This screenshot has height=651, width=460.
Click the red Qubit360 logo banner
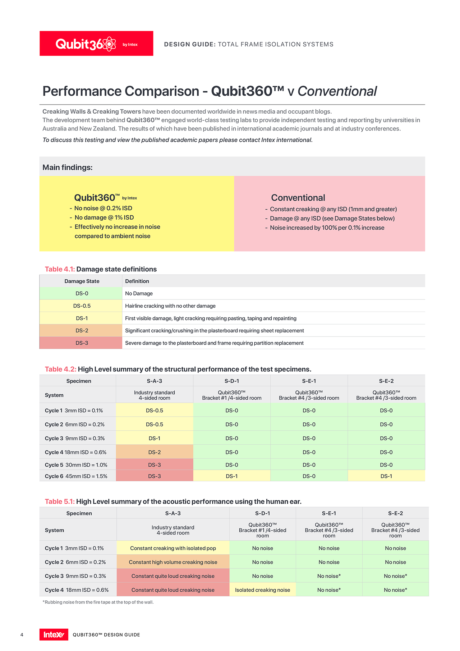pyautogui.click(x=96, y=43)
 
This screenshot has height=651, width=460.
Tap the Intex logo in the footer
pyautogui.click(x=54, y=634)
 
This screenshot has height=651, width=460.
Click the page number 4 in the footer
pyautogui.click(x=22, y=635)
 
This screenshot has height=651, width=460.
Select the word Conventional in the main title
pyautogui.click(x=337, y=91)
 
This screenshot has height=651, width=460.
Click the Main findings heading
pyautogui.click(x=68, y=168)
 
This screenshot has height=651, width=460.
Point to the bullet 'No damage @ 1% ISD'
pyautogui.click(x=104, y=217)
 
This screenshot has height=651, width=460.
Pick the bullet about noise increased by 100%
pyautogui.click(x=327, y=228)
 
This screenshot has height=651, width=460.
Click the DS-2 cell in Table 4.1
pyautogui.click(x=82, y=330)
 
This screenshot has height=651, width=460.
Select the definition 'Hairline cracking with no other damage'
pyautogui.click(x=170, y=306)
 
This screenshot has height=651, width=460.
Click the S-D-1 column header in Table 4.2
pyautogui.click(x=231, y=381)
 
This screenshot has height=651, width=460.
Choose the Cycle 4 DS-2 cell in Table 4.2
pyautogui.click(x=155, y=452)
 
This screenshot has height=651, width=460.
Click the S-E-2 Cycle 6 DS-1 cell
pyautogui.click(x=386, y=476)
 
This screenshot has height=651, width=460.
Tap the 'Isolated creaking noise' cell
pyautogui.click(x=262, y=590)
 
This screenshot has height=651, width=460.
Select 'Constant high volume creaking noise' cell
pyautogui.click(x=173, y=562)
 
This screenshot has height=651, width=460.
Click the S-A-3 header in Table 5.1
pyautogui.click(x=173, y=513)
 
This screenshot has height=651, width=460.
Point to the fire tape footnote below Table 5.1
pyautogui.click(x=98, y=602)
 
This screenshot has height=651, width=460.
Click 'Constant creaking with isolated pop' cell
pyautogui.click(x=173, y=548)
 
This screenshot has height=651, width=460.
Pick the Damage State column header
pyautogui.click(x=82, y=281)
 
